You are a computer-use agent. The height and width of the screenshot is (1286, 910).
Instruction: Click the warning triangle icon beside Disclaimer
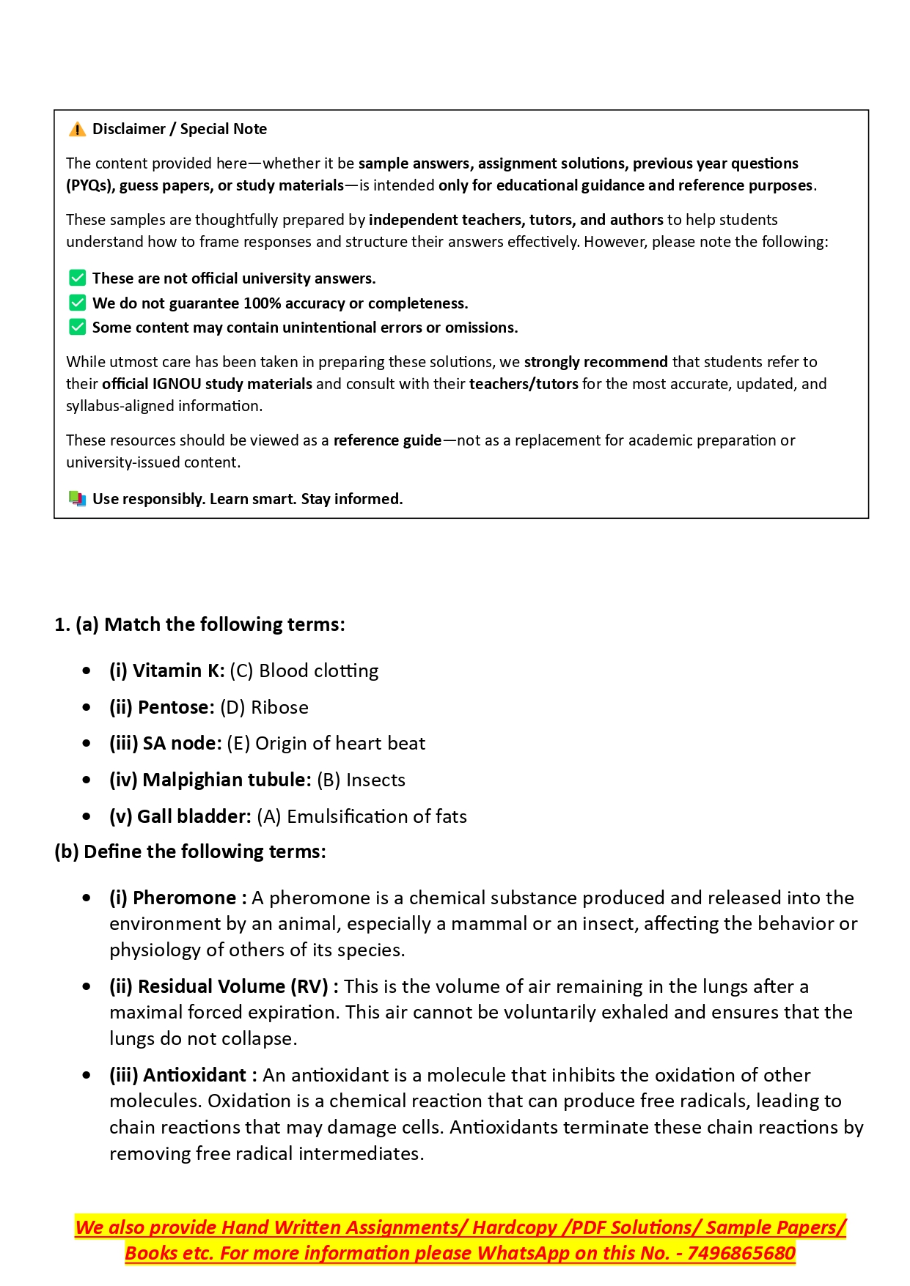click(77, 130)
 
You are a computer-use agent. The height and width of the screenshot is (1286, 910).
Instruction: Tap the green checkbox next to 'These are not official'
click(77, 278)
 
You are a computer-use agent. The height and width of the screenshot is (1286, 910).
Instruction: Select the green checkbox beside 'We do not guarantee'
click(77, 303)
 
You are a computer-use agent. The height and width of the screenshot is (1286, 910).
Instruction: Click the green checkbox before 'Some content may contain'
click(77, 327)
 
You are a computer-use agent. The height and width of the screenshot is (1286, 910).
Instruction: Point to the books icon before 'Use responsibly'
click(77, 499)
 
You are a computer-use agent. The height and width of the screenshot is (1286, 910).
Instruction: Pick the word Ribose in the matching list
click(279, 707)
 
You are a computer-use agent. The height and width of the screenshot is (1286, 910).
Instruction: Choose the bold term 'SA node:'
click(182, 743)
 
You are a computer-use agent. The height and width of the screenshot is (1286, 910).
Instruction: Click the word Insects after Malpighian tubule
click(375, 780)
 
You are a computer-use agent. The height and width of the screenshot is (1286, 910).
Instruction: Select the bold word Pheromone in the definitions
click(184, 898)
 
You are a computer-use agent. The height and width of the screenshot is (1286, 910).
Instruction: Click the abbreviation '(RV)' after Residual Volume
click(309, 986)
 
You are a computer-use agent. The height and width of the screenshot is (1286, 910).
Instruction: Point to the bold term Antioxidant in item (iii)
click(194, 1075)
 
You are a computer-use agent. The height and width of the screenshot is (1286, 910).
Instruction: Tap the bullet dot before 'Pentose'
click(87, 707)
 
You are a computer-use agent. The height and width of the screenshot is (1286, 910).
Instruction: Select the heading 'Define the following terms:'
click(205, 851)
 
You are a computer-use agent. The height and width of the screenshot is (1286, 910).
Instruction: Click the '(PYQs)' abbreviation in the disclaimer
click(91, 185)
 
